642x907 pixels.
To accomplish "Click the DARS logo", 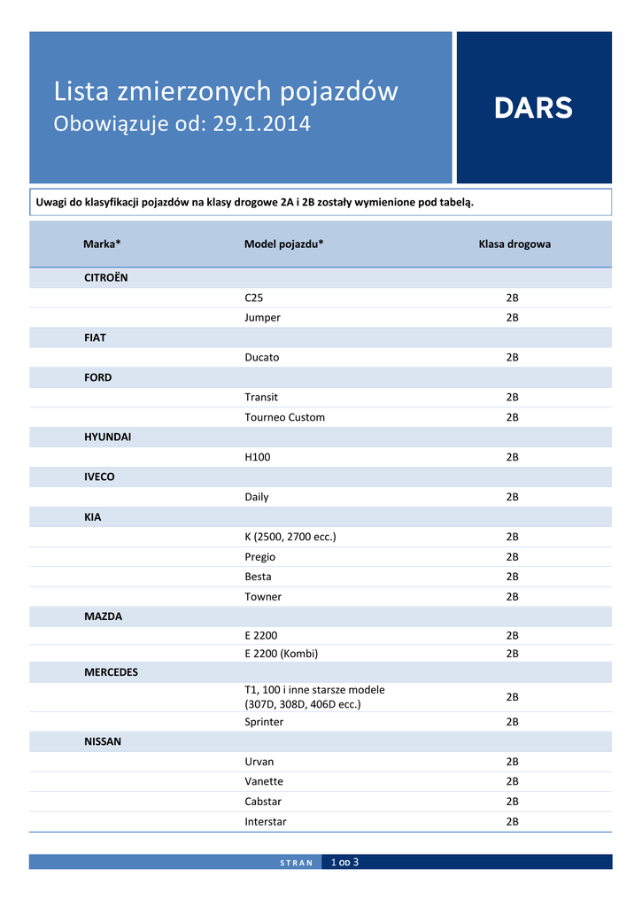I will (x=533, y=108).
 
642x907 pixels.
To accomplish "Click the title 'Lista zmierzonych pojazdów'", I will (x=226, y=91).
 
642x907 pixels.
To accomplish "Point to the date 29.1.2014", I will (x=261, y=124).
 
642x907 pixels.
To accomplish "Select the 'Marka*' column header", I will (x=102, y=244).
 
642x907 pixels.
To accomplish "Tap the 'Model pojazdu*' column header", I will (x=283, y=244).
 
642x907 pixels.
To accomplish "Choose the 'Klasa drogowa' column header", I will (x=514, y=244).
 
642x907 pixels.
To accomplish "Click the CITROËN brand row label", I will (x=105, y=277).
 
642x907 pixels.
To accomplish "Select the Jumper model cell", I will (x=262, y=317).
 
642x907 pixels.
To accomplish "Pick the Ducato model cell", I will (x=261, y=357).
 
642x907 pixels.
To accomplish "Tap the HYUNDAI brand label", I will (x=107, y=437).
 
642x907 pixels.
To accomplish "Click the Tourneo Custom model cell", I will (x=284, y=417).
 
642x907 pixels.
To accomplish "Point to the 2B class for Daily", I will (x=512, y=497).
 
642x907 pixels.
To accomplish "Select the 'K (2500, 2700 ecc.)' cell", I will (x=290, y=537).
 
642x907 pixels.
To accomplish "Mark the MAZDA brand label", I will (x=103, y=616).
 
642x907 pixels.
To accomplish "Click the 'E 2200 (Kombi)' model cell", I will (x=281, y=654).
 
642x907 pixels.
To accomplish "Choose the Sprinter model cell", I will (x=264, y=722).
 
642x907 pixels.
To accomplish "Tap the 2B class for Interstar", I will (x=512, y=821).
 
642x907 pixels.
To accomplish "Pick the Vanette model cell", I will (x=264, y=781).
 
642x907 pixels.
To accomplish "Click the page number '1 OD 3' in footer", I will (x=344, y=862).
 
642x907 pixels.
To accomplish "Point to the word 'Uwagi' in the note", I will (x=51, y=202).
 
